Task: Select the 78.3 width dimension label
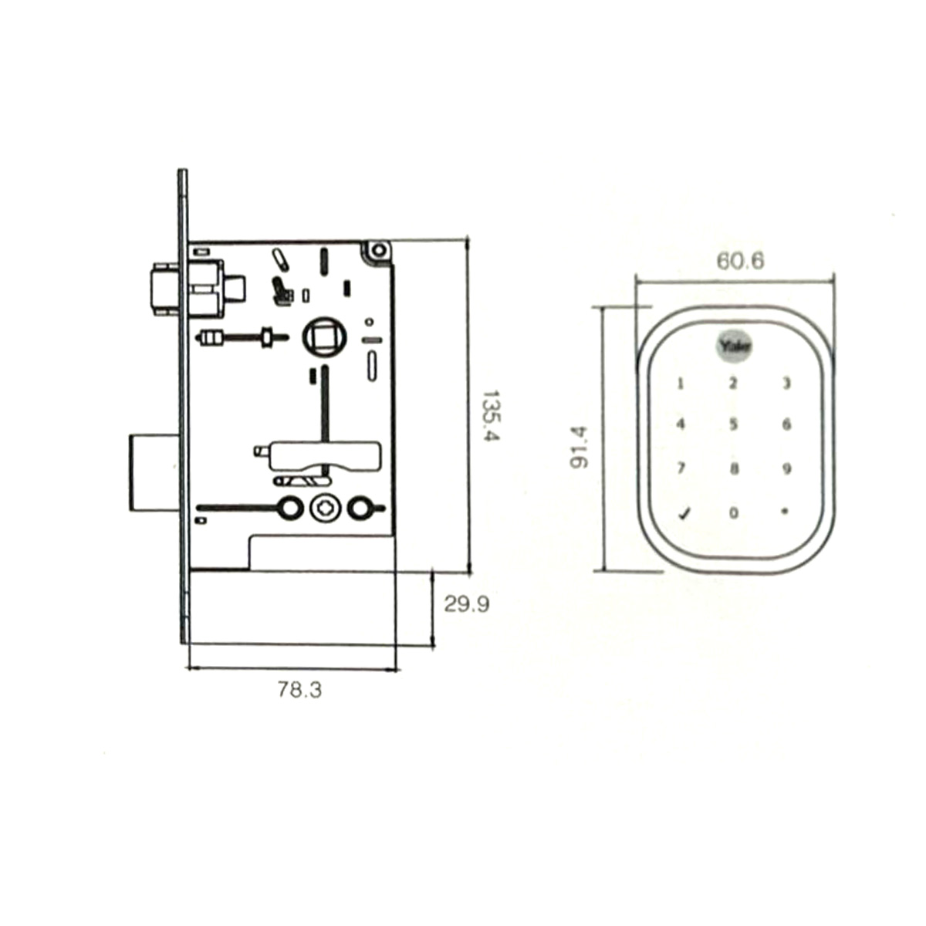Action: [299, 690]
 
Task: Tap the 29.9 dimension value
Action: [467, 604]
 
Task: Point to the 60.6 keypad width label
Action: [741, 262]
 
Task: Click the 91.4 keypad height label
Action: [578, 447]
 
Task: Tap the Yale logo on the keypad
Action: [735, 346]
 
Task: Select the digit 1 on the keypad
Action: [680, 384]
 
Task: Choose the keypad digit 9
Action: [786, 468]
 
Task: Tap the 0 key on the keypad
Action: [734, 512]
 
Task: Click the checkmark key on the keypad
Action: [684, 514]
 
